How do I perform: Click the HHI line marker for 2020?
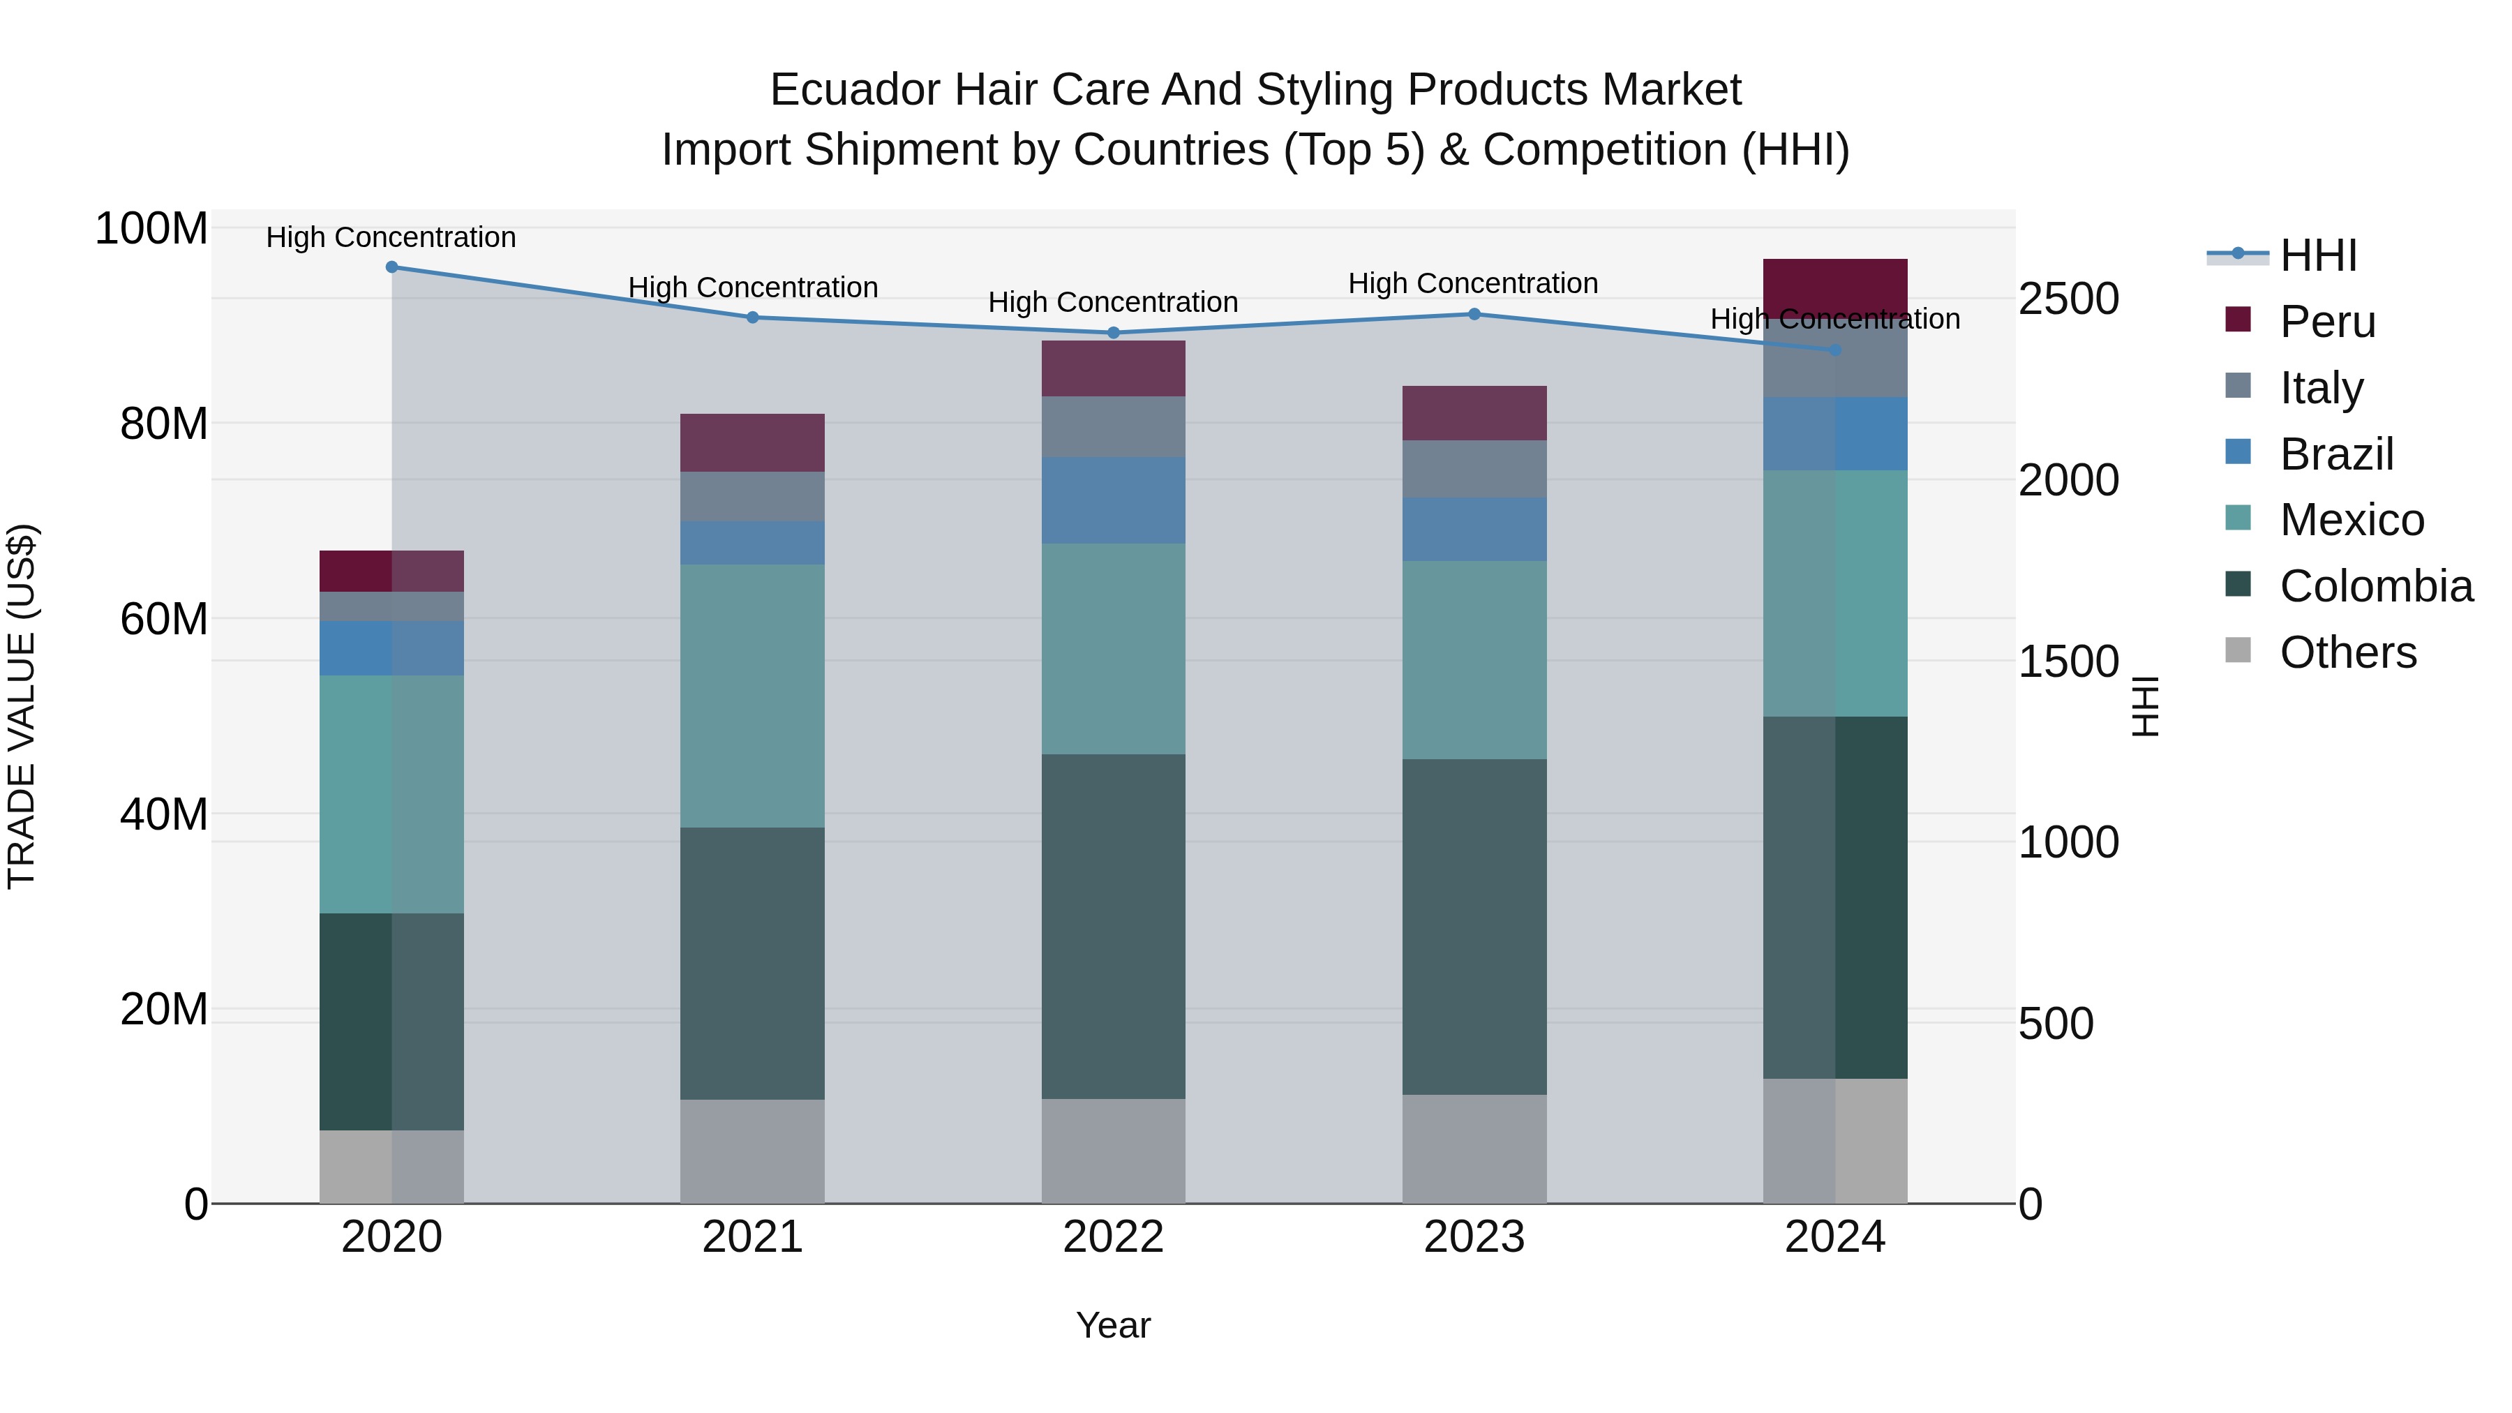pos(392,267)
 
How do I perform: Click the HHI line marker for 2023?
pos(1474,314)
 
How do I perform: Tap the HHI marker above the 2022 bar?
pos(1114,333)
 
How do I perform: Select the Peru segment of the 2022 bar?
pos(1114,368)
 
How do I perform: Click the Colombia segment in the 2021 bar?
pos(752,964)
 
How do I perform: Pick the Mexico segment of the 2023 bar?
pos(1474,660)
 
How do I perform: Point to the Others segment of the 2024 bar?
pos(1835,1141)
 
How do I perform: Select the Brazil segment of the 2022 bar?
pos(1114,500)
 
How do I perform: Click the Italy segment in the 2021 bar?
pos(752,496)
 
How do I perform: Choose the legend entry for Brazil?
pos(2335,454)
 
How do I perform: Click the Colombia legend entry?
pos(2375,586)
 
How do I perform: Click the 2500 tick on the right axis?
pos(2068,299)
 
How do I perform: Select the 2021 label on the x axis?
pos(752,1237)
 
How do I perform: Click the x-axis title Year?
pos(1113,1325)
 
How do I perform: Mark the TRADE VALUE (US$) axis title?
pos(22,706)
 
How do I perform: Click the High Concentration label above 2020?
pos(391,237)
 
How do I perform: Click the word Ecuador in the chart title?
pos(853,90)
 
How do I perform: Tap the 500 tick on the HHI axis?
pos(2056,1024)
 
